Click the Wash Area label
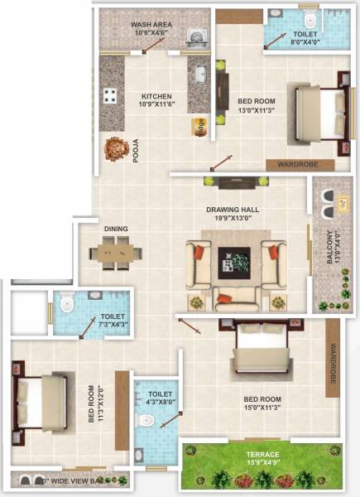pos(151,26)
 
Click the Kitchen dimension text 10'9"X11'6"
pos(156,104)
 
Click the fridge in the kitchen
pos(199,125)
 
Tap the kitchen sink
pos(200,75)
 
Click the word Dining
pos(116,229)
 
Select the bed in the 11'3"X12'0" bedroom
pos(39,397)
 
